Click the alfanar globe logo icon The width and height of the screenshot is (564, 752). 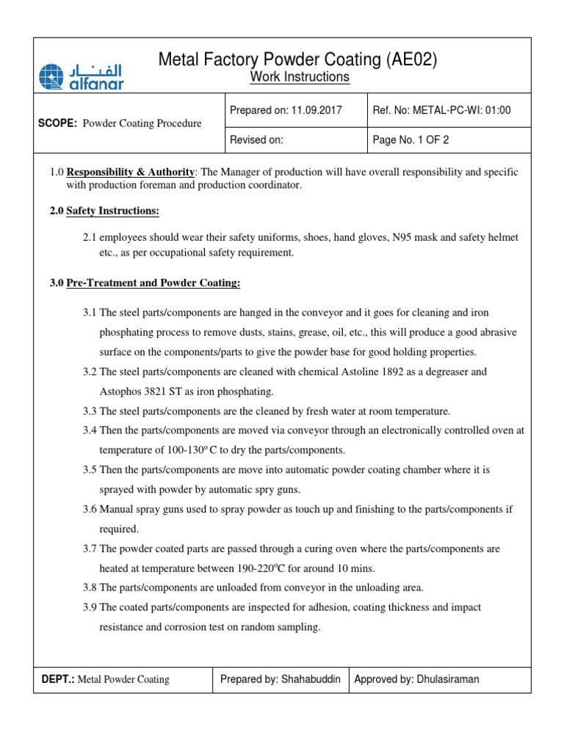pyautogui.click(x=51, y=76)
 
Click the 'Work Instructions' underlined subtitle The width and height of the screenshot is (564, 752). pyautogui.click(x=300, y=77)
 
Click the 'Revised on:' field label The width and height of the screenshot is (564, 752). pyautogui.click(x=256, y=139)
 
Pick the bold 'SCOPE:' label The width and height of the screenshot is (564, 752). pyautogui.click(x=57, y=123)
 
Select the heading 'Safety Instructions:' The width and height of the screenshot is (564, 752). pyautogui.click(x=112, y=211)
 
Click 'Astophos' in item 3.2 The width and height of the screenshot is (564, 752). pyautogui.click(x=120, y=391)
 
